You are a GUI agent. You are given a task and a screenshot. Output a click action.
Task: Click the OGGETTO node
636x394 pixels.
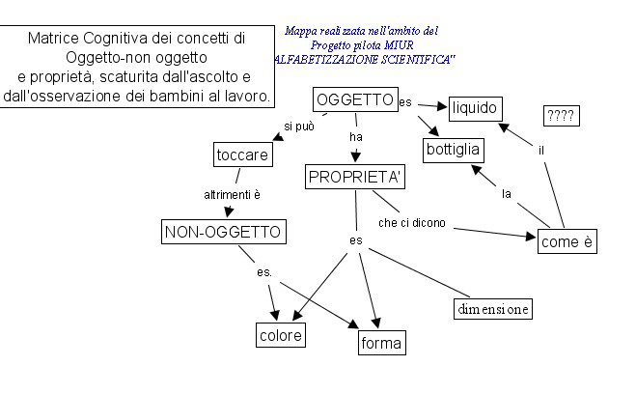pyautogui.click(x=355, y=100)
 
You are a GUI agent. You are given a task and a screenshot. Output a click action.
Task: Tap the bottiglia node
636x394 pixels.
pyautogui.click(x=454, y=151)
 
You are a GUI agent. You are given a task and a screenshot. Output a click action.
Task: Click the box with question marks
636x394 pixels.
pyautogui.click(x=561, y=116)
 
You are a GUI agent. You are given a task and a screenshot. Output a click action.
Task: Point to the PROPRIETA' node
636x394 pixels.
pyautogui.click(x=355, y=177)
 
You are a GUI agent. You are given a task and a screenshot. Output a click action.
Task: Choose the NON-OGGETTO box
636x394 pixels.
pyautogui.click(x=223, y=232)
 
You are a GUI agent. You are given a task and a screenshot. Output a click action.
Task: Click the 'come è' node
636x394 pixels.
pyautogui.click(x=566, y=241)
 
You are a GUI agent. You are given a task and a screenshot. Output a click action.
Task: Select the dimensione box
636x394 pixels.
pyautogui.click(x=492, y=309)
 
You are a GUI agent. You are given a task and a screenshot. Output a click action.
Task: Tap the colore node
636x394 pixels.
pyautogui.click(x=280, y=335)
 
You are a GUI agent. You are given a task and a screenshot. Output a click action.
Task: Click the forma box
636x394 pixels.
pyautogui.click(x=376, y=342)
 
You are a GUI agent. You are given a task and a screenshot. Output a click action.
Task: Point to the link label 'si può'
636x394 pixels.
pyautogui.click(x=298, y=127)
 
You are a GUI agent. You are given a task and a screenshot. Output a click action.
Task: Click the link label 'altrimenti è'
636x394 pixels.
pyautogui.click(x=232, y=194)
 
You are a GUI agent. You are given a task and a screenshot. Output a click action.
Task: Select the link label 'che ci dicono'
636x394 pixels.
pyautogui.click(x=412, y=223)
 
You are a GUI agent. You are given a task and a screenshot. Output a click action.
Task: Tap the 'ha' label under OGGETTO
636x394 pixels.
pyautogui.click(x=355, y=137)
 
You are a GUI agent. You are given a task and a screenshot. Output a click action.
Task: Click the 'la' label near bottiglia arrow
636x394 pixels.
pyautogui.click(x=506, y=194)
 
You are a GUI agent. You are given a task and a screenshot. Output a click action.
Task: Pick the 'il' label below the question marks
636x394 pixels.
pyautogui.click(x=542, y=150)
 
